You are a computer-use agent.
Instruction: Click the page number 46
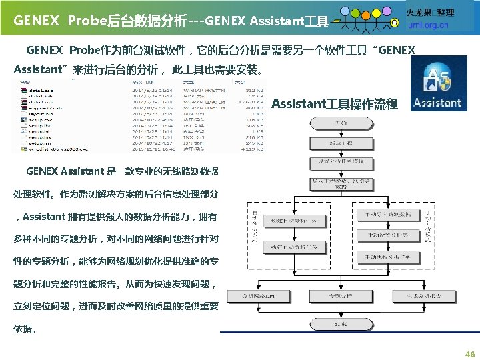469,355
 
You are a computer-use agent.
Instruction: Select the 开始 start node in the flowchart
341,124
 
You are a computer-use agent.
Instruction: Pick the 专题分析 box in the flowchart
341,295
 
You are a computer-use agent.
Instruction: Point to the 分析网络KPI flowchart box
259,295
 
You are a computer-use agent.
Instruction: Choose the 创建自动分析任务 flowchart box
289,221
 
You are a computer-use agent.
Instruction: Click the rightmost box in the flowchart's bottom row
424,295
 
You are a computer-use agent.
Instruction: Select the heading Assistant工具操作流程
335,104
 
